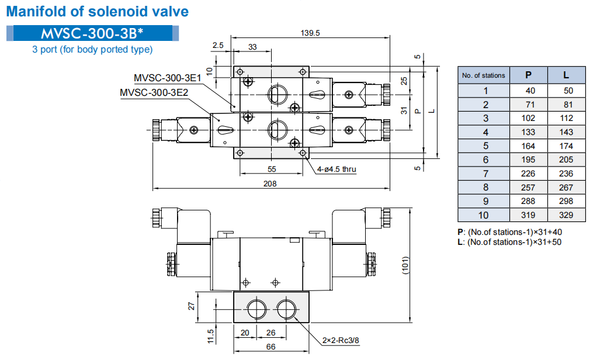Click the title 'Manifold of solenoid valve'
(x=97, y=12)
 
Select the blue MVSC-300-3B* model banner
(x=92, y=33)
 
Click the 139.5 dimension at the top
(x=310, y=33)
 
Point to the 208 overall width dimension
(x=270, y=183)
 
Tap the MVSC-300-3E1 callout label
(x=167, y=78)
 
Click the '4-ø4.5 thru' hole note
(x=337, y=169)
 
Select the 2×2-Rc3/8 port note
(x=341, y=340)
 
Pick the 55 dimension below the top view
(x=272, y=169)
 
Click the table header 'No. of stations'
(x=483, y=75)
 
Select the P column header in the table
(x=528, y=75)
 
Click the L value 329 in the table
(x=566, y=215)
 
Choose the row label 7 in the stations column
(x=485, y=174)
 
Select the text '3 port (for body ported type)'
(x=92, y=50)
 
